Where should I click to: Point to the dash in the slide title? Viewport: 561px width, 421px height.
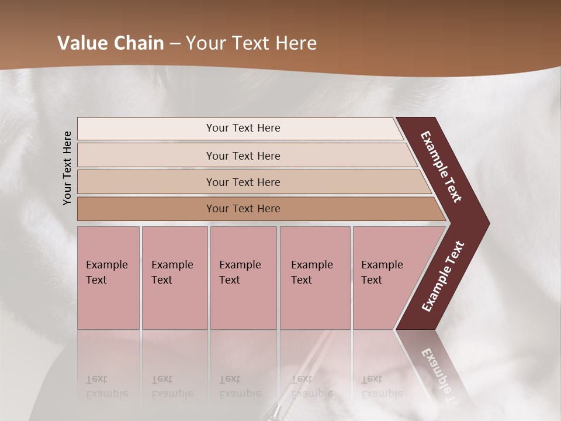(175, 44)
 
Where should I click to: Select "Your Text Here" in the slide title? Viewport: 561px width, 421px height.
(251, 43)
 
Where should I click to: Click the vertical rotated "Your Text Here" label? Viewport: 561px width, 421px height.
(67, 168)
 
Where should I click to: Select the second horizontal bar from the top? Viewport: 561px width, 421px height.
(243, 156)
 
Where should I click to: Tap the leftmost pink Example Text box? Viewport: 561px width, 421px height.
(108, 278)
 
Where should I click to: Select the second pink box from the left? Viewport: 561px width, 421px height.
(174, 278)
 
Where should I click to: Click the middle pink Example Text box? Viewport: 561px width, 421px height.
(243, 278)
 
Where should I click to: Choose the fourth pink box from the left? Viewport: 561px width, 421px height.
(315, 278)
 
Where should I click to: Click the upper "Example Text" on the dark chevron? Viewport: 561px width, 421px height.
(441, 167)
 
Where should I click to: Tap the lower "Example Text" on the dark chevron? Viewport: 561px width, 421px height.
(443, 277)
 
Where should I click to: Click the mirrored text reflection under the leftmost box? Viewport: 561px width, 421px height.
(107, 387)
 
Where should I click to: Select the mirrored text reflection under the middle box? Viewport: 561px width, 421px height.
(240, 387)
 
